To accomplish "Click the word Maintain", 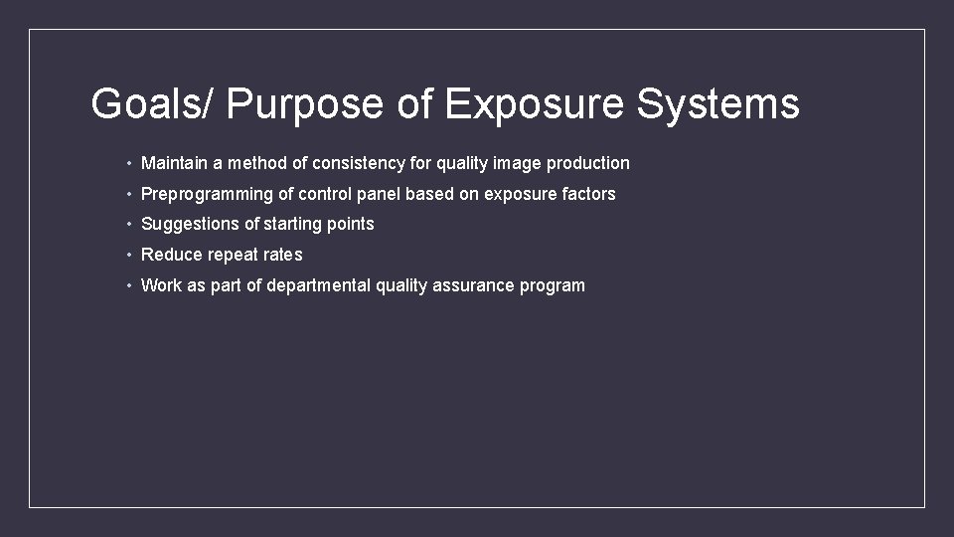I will coord(175,163).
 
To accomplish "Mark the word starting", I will coord(294,225).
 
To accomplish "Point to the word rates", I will coord(283,256).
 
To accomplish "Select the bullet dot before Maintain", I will coord(129,163).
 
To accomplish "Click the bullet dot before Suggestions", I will coord(129,225).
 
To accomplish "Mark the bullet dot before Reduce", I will coord(129,256).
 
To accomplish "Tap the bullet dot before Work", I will coord(129,286).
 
